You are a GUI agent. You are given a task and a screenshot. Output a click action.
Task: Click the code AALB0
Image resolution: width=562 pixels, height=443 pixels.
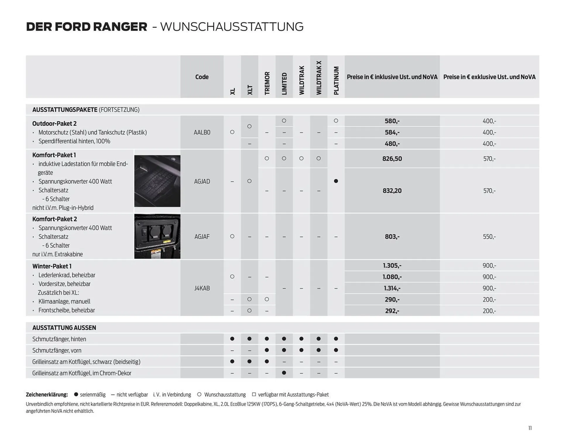pyautogui.click(x=202, y=133)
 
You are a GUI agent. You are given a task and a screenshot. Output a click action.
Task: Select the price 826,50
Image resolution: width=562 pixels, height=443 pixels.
pyautogui.click(x=392, y=159)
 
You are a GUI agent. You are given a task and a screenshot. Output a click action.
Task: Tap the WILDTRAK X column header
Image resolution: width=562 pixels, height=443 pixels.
pyautogui.click(x=319, y=78)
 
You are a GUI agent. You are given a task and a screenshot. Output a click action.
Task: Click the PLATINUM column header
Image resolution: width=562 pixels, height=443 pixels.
pyautogui.click(x=336, y=80)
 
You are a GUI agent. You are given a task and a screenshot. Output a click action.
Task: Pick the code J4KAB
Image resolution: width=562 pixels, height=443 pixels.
pyautogui.click(x=202, y=288)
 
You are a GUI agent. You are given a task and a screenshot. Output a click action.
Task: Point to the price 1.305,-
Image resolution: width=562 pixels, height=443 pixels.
pyautogui.click(x=392, y=266)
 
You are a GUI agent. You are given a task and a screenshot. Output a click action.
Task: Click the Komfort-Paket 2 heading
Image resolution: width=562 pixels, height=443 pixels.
pyautogui.click(x=55, y=219)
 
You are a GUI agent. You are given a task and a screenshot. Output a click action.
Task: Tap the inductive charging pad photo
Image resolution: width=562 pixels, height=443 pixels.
pyautogui.click(x=157, y=181)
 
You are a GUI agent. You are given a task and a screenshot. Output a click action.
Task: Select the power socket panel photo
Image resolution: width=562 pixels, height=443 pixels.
pyautogui.click(x=157, y=236)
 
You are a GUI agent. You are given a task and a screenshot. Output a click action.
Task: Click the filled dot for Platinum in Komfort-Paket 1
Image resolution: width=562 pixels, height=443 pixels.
pyautogui.click(x=336, y=181)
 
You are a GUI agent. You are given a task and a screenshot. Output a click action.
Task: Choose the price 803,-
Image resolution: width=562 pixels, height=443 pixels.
pyautogui.click(x=392, y=237)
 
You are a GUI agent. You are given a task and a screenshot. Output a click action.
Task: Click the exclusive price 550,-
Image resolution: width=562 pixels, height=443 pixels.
pyautogui.click(x=489, y=237)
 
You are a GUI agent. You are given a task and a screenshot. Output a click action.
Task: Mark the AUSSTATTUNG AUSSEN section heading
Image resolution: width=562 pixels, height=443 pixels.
pyautogui.click(x=64, y=328)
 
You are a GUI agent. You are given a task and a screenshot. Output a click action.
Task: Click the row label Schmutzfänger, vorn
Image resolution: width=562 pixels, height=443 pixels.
pyautogui.click(x=57, y=351)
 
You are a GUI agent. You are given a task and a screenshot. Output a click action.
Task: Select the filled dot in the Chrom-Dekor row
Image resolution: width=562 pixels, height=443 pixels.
pyautogui.click(x=284, y=373)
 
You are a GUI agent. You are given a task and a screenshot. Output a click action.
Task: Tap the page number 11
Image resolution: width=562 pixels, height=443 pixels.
pyautogui.click(x=530, y=428)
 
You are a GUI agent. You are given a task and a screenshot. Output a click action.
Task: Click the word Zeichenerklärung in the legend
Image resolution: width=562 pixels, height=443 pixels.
pyautogui.click(x=47, y=395)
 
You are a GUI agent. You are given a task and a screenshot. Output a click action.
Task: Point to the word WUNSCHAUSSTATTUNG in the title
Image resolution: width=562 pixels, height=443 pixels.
pyautogui.click(x=232, y=27)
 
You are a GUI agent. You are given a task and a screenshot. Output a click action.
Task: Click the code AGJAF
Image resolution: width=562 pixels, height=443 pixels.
pyautogui.click(x=202, y=237)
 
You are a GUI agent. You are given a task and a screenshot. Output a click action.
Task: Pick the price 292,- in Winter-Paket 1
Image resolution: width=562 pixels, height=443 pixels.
pyautogui.click(x=392, y=311)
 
